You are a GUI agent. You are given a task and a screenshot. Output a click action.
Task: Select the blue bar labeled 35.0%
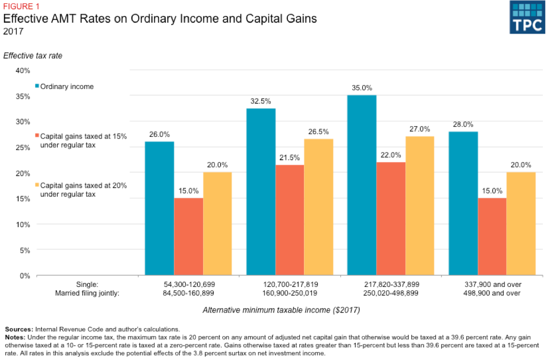click(x=362, y=185)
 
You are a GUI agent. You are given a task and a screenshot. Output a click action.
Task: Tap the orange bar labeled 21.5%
click(x=290, y=220)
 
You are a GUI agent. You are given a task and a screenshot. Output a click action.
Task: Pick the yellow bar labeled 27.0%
click(x=420, y=206)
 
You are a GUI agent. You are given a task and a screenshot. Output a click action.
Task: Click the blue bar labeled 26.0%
click(x=159, y=208)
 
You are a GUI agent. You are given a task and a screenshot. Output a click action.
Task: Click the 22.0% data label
click(x=391, y=155)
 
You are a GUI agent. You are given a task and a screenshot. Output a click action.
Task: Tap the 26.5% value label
click(x=319, y=132)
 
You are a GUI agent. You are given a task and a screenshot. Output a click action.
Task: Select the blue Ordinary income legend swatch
click(x=37, y=86)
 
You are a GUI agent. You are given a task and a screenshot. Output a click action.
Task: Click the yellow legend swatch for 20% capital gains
click(x=37, y=185)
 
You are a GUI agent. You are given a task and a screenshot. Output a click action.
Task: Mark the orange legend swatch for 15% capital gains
click(x=37, y=136)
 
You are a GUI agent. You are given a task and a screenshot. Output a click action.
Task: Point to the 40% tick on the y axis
click(x=22, y=70)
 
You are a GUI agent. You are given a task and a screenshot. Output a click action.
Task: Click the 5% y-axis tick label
click(x=24, y=250)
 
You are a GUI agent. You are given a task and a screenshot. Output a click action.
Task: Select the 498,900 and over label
click(x=492, y=293)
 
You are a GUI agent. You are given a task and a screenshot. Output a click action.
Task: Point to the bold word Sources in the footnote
click(x=18, y=329)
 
